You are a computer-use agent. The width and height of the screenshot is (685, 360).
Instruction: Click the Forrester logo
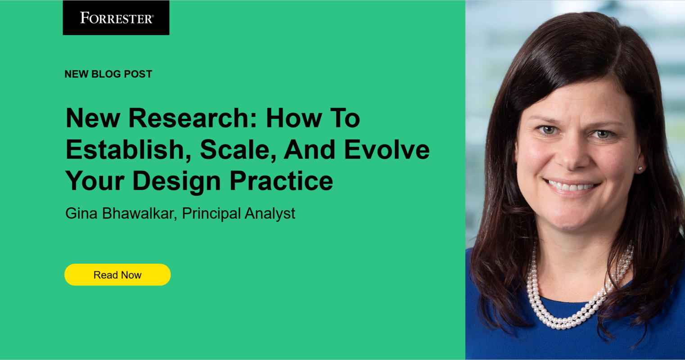pyautogui.click(x=116, y=18)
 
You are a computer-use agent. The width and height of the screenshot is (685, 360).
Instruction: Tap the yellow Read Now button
pyautogui.click(x=117, y=275)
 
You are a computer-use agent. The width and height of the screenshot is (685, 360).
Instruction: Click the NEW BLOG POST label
pyautogui.click(x=108, y=74)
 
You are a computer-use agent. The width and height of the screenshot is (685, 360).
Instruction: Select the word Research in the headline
pyautogui.click(x=193, y=118)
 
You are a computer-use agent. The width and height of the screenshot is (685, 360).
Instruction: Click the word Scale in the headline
pyautogui.click(x=237, y=150)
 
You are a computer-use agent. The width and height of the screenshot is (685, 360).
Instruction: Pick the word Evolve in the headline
pyautogui.click(x=387, y=150)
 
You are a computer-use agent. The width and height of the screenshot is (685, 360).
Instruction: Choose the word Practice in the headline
pyautogui.click(x=281, y=181)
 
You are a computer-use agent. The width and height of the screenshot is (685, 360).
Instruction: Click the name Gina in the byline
pyautogui.click(x=81, y=213)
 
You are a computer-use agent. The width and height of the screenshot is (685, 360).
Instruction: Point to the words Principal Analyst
pyautogui.click(x=239, y=213)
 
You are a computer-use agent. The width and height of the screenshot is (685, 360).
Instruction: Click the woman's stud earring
pyautogui.click(x=640, y=169)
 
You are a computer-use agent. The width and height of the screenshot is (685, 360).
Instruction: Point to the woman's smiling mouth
pyautogui.click(x=571, y=186)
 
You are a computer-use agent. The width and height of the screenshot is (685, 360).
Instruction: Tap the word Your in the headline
pyautogui.click(x=95, y=181)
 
